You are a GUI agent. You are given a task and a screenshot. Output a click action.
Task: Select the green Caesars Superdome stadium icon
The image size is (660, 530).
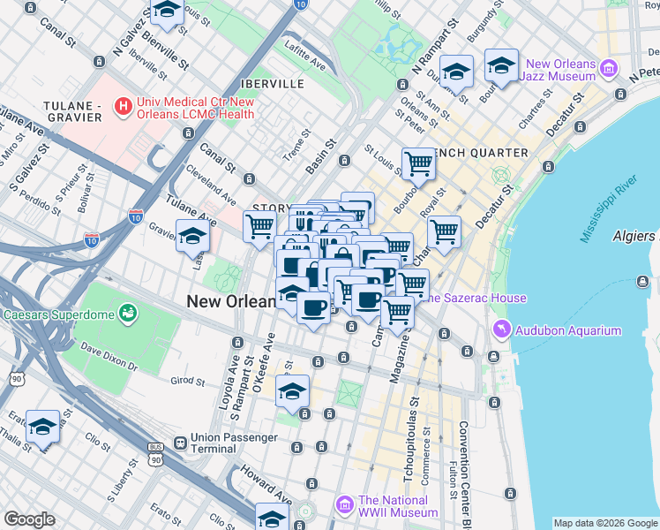129,313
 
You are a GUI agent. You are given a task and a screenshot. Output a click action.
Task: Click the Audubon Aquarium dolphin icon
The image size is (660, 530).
502,330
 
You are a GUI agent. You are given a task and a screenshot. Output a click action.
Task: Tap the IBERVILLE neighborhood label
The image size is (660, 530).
276,84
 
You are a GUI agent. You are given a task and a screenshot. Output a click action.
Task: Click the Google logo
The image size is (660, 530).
29,519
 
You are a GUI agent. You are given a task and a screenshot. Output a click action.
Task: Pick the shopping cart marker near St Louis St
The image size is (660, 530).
418,163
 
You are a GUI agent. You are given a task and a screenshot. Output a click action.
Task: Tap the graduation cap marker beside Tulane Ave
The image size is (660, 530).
192,237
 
